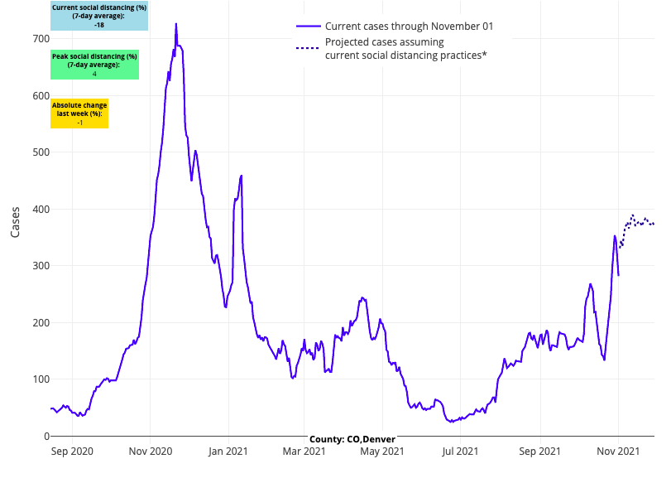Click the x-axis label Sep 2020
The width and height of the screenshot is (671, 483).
click(71, 452)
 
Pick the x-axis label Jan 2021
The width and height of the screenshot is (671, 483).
click(227, 452)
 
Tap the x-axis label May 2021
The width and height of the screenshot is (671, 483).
click(381, 452)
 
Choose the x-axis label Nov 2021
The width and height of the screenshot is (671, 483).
click(618, 452)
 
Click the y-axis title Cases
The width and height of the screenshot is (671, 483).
click(16, 222)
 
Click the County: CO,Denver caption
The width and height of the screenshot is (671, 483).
click(352, 439)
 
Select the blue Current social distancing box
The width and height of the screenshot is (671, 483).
click(99, 16)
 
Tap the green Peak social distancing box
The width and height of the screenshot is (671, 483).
click(94, 65)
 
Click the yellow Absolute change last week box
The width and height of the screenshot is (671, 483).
click(79, 114)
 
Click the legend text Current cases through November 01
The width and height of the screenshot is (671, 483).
click(410, 27)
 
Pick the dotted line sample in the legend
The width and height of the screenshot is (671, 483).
click(307, 48)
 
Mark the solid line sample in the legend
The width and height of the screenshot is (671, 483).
click(307, 27)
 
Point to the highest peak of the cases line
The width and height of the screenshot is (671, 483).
click(176, 24)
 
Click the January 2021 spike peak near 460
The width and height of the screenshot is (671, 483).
click(241, 176)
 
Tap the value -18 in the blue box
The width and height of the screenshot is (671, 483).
click(99, 26)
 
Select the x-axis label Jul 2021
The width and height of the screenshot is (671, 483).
click(460, 452)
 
